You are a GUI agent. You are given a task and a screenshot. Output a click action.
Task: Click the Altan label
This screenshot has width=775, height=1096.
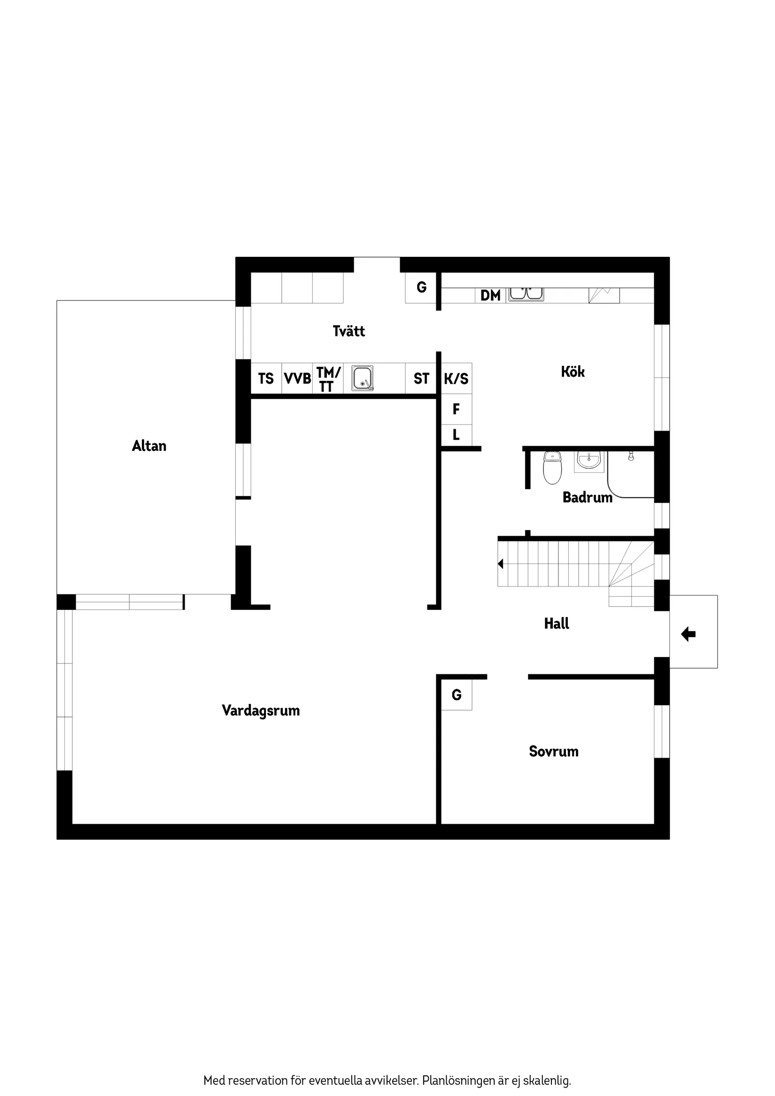149,446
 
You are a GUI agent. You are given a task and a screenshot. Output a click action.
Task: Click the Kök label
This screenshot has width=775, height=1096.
573,371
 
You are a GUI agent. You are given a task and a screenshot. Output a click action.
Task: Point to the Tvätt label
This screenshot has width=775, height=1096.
349,331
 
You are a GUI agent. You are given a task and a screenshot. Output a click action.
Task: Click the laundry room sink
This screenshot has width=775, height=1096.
363,378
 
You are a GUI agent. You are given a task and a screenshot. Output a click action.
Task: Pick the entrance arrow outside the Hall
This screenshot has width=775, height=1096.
688,634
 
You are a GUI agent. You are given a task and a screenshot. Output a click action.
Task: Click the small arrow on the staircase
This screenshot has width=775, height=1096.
500,564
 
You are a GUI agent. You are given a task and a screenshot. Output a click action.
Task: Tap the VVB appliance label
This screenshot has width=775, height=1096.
297,378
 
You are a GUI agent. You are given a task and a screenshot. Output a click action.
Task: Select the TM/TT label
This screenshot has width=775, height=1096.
328,379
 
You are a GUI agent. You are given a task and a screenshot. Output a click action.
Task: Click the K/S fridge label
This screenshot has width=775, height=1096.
456,378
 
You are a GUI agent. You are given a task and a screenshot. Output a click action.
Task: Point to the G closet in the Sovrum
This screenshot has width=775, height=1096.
457,695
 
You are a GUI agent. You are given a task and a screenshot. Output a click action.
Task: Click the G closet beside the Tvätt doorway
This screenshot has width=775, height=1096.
421,287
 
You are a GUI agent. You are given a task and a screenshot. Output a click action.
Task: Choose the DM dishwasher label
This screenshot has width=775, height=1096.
490,295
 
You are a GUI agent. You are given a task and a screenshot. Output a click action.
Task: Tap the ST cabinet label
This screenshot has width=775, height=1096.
421,378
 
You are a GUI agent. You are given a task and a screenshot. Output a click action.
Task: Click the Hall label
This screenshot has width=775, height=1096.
556,624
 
